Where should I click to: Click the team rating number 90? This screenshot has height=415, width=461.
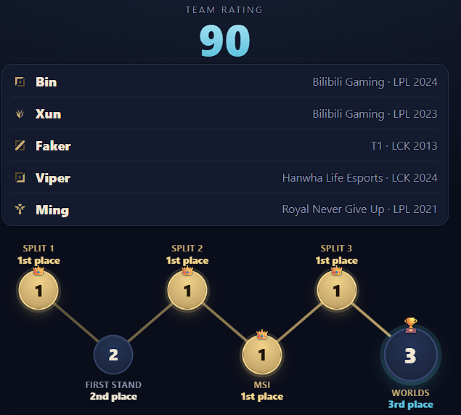click(x=225, y=40)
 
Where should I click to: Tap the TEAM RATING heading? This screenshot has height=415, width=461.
click(x=224, y=10)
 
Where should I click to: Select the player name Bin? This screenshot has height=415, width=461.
click(x=46, y=82)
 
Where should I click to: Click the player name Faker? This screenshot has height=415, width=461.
click(x=53, y=146)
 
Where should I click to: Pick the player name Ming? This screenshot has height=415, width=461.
click(x=52, y=210)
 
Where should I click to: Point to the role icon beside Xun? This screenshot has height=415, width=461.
click(x=20, y=113)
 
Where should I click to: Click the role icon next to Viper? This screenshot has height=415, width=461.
click(x=20, y=177)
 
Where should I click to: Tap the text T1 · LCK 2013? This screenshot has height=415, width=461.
click(x=404, y=146)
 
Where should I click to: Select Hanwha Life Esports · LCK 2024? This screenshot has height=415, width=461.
click(x=360, y=178)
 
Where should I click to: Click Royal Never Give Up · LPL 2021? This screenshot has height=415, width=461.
click(x=359, y=209)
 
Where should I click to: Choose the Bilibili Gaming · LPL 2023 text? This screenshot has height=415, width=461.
click(x=375, y=114)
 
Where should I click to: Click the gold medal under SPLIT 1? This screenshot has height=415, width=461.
click(x=38, y=290)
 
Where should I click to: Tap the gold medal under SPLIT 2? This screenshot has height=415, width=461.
click(x=187, y=290)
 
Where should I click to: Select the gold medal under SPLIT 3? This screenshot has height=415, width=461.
click(x=337, y=290)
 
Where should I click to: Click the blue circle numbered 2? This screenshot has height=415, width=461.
click(x=113, y=355)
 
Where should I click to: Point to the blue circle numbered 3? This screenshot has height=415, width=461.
click(x=411, y=355)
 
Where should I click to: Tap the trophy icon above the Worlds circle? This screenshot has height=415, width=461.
click(x=411, y=325)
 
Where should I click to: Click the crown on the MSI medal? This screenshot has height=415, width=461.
click(x=262, y=334)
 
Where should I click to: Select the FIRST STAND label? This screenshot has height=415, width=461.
click(x=113, y=384)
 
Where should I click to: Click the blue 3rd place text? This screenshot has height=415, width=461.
click(x=411, y=404)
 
